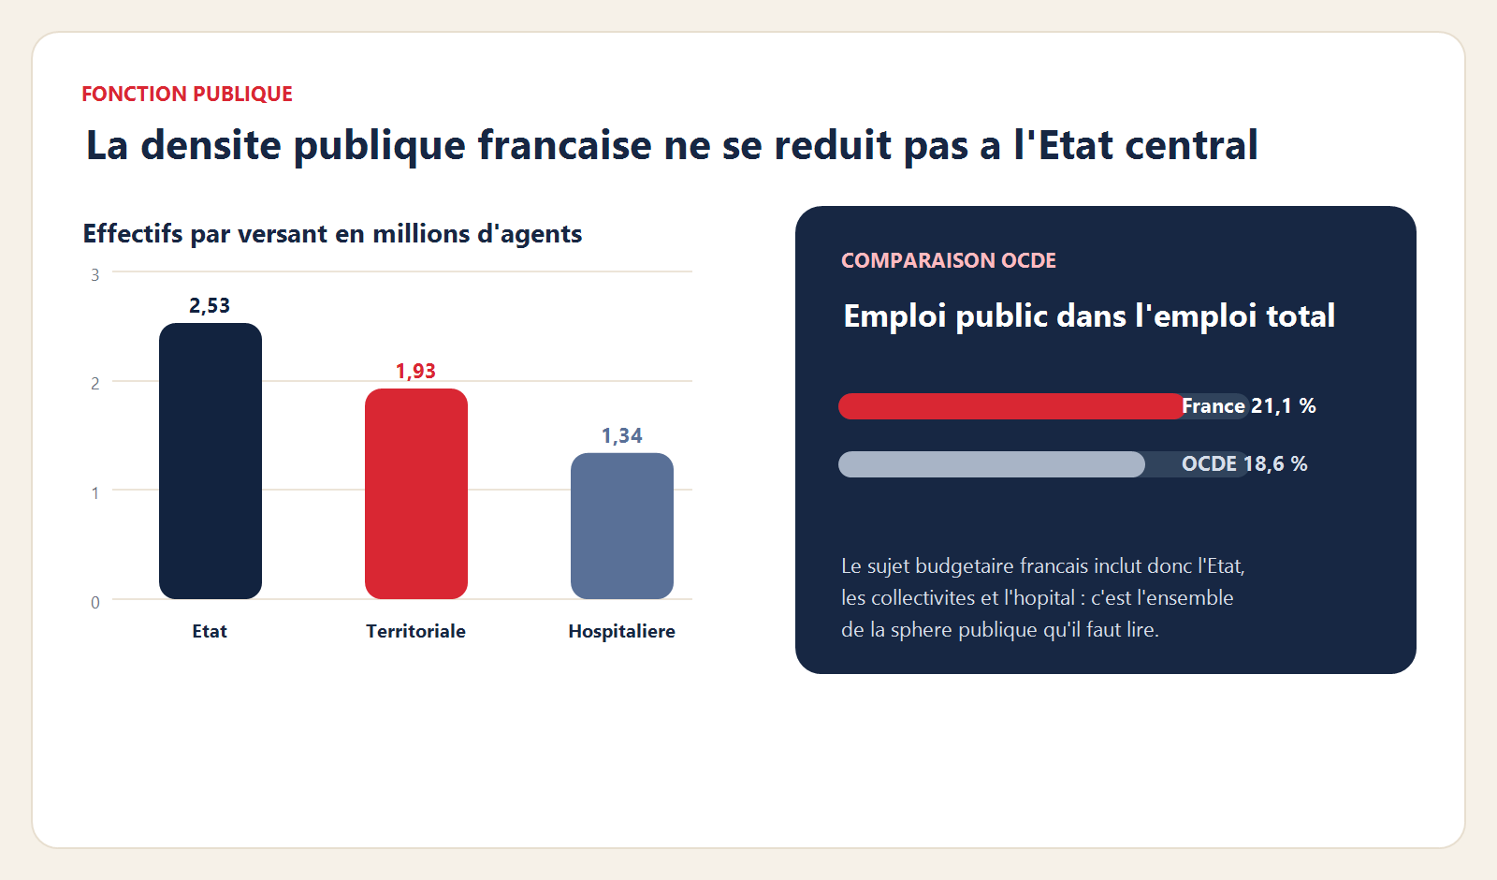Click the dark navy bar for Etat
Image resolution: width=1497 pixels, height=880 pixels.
click(210, 461)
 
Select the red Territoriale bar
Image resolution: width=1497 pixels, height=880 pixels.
click(415, 493)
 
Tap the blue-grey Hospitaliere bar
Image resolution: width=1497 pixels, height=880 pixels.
click(621, 525)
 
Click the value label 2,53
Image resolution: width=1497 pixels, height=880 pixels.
click(210, 306)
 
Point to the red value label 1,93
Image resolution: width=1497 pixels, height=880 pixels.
click(415, 372)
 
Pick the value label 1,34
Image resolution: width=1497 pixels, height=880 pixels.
click(621, 436)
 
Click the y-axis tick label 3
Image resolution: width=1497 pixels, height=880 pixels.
click(94, 275)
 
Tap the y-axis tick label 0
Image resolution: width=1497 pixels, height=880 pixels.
click(94, 603)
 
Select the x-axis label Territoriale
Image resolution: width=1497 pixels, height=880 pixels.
click(415, 632)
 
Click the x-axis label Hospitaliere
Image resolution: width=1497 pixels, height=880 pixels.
click(621, 632)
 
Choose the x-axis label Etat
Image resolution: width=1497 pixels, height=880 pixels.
click(210, 632)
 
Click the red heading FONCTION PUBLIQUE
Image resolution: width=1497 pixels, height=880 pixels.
click(187, 95)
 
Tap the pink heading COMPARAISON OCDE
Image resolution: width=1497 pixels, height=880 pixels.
click(948, 261)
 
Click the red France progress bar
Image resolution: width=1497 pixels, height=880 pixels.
click(1010, 406)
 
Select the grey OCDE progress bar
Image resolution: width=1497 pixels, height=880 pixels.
click(991, 464)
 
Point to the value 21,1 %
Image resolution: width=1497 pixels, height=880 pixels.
click(1283, 406)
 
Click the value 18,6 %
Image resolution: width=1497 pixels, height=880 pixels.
click(1274, 464)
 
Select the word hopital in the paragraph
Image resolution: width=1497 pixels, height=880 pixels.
click(1039, 598)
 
